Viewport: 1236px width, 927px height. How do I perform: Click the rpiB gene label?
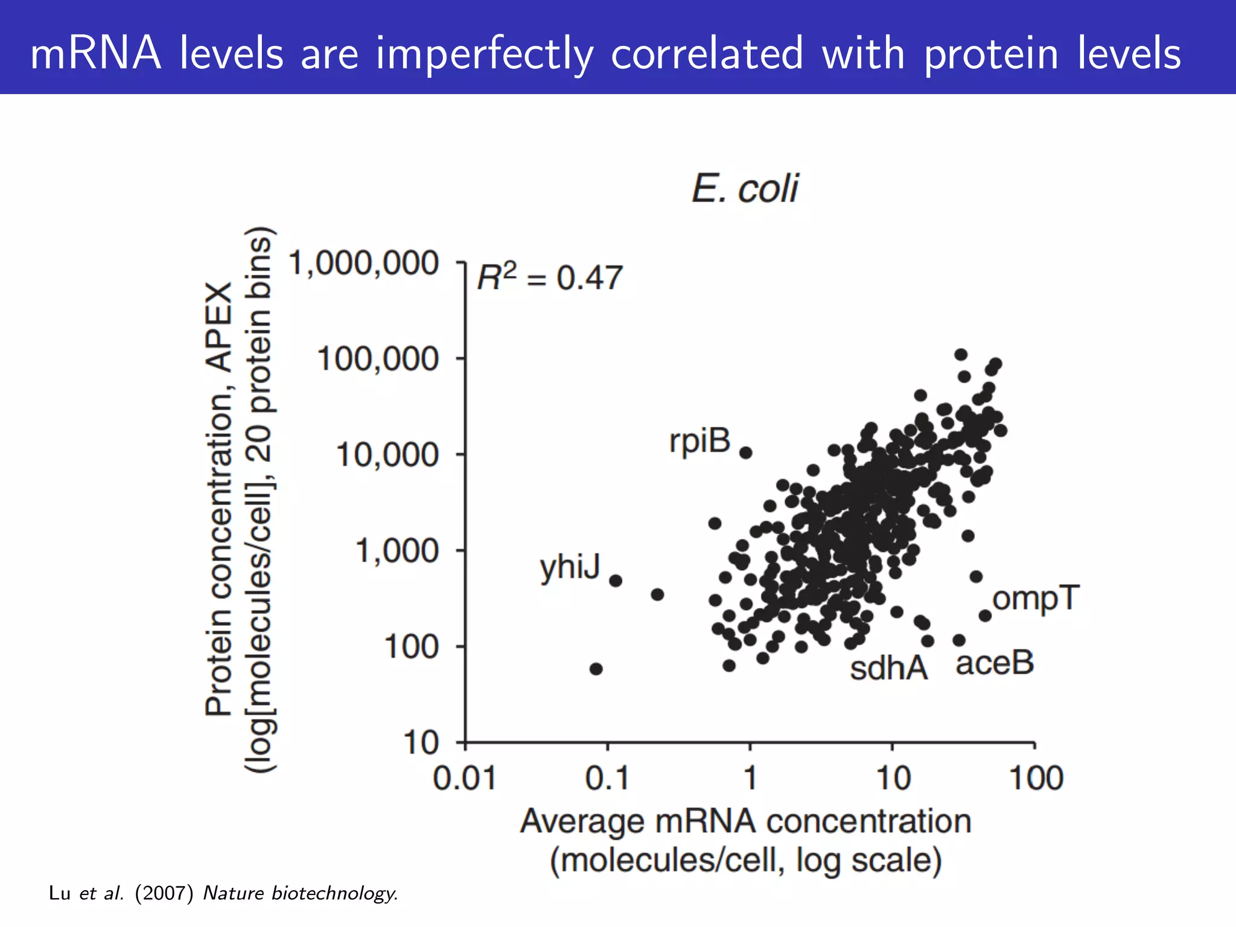[699, 441]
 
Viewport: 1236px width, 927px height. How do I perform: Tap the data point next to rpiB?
[746, 453]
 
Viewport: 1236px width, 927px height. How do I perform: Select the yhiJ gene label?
[570, 567]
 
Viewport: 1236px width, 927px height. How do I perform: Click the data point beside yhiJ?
[616, 581]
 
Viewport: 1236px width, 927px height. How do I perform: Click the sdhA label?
[888, 668]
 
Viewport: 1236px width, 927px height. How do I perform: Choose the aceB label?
[995, 663]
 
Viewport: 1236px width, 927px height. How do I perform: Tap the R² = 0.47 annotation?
[549, 278]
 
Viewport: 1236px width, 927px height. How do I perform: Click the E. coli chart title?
[745, 188]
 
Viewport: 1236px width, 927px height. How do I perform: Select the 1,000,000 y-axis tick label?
[363, 264]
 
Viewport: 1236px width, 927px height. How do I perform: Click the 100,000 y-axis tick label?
[377, 359]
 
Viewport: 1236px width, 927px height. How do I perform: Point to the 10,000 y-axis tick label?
[387, 454]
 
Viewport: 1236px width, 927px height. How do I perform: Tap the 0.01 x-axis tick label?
[464, 778]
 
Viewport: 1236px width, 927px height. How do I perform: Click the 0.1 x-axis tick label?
[607, 778]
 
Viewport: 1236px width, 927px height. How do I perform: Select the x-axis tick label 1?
[750, 778]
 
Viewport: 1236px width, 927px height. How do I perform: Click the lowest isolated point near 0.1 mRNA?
[596, 669]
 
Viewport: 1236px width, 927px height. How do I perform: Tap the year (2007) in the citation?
[164, 893]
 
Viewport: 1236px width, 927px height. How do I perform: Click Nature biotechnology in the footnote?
[301, 893]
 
